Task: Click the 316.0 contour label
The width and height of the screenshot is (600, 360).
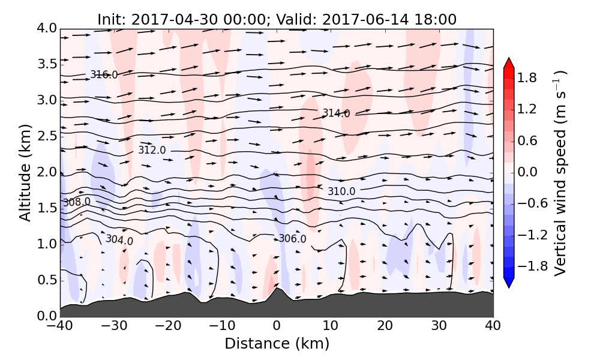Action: (104, 75)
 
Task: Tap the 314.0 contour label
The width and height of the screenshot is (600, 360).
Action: (336, 113)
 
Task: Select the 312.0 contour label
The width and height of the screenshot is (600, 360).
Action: (152, 150)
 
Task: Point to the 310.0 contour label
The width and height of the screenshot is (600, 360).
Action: (341, 191)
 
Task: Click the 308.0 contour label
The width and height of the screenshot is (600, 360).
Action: (77, 202)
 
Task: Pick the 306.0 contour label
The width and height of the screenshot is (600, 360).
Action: (292, 239)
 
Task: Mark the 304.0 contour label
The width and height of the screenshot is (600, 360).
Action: (119, 240)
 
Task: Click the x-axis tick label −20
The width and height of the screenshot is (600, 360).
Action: (169, 326)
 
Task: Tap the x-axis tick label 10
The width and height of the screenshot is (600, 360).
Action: (331, 326)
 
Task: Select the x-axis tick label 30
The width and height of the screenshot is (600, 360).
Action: (439, 326)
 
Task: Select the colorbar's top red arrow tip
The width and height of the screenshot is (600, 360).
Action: (509, 59)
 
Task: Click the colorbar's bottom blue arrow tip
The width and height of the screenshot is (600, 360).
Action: (509, 287)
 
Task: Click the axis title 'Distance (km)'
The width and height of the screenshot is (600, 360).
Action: (277, 344)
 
